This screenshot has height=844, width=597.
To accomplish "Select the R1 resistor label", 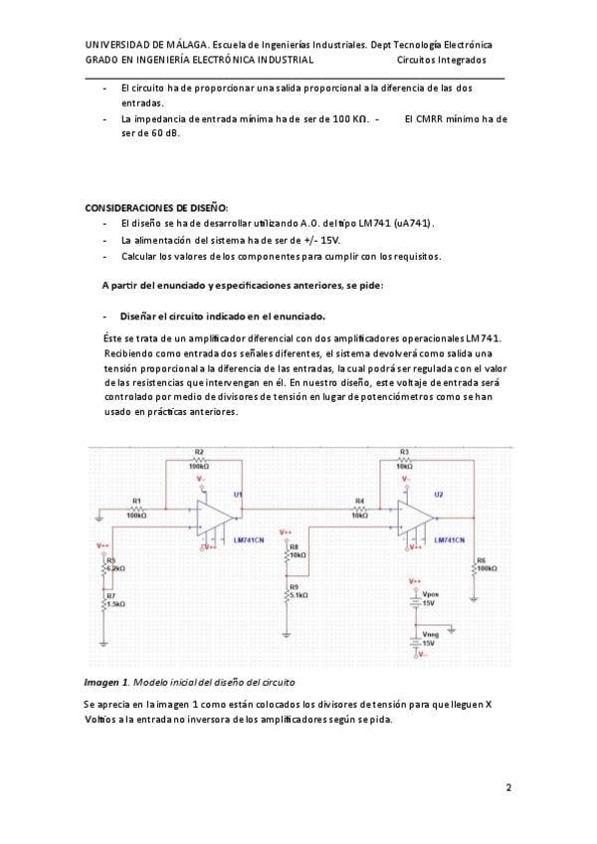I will click(136, 501).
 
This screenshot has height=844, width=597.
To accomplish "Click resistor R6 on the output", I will click(475, 567).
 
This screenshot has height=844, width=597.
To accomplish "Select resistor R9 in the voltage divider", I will click(287, 593).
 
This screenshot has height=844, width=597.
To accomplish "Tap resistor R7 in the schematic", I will click(103, 601).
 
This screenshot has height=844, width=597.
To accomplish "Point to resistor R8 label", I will click(294, 547).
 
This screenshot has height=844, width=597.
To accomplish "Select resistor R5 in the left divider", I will click(103, 566).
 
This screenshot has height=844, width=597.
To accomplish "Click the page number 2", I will click(508, 788).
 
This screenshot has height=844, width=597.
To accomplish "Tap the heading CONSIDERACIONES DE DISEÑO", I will click(156, 207).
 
